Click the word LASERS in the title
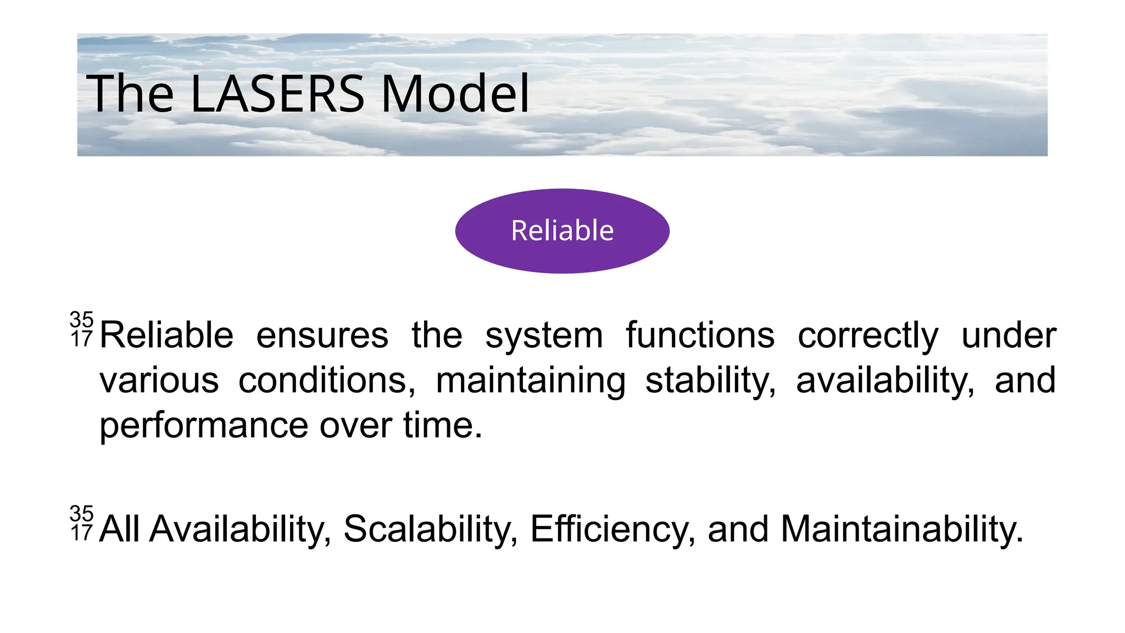click(277, 94)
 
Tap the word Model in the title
click(455, 94)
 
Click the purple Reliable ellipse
click(562, 231)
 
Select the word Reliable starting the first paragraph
click(166, 335)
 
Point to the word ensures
click(322, 335)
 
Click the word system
click(544, 335)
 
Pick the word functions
click(700, 335)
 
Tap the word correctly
click(868, 335)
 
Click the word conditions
click(327, 380)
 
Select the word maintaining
click(531, 380)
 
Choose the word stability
click(710, 380)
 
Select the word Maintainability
click(901, 529)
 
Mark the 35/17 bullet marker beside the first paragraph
click(82, 329)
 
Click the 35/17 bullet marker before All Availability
click(82, 523)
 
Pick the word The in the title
click(130, 94)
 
